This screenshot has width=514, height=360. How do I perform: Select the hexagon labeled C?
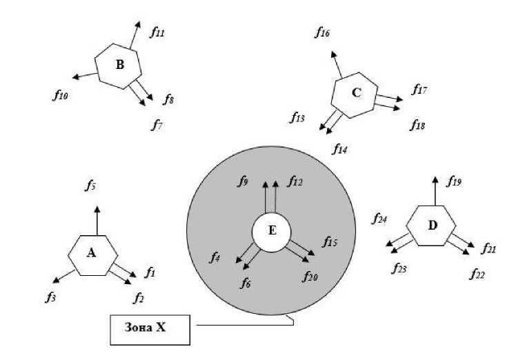[x=356, y=92]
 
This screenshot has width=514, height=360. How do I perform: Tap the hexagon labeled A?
[x=91, y=254]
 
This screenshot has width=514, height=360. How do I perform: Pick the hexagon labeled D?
[x=432, y=224]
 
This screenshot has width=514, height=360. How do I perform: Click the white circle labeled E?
[x=272, y=231]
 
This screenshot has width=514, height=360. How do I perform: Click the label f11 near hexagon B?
[x=159, y=32]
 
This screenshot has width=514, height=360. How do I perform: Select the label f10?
[x=59, y=95]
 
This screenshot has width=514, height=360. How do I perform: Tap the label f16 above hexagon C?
[x=322, y=32]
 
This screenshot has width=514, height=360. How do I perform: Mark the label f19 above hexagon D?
[x=453, y=182]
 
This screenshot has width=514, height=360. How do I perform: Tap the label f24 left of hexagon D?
[x=379, y=219]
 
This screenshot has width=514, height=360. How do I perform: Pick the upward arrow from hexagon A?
[x=97, y=220]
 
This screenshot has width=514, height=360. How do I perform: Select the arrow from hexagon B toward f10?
[x=84, y=74]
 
